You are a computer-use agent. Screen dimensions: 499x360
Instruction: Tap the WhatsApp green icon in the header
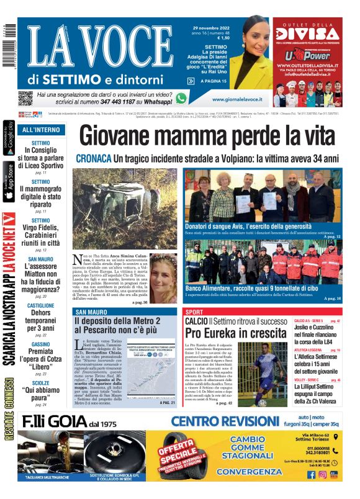[x=181, y=98]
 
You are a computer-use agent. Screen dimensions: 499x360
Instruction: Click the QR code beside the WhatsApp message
[x=25, y=98]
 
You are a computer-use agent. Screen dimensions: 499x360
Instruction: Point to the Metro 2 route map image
[x=151, y=370]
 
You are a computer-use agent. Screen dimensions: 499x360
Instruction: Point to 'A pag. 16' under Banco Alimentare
[x=332, y=299]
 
